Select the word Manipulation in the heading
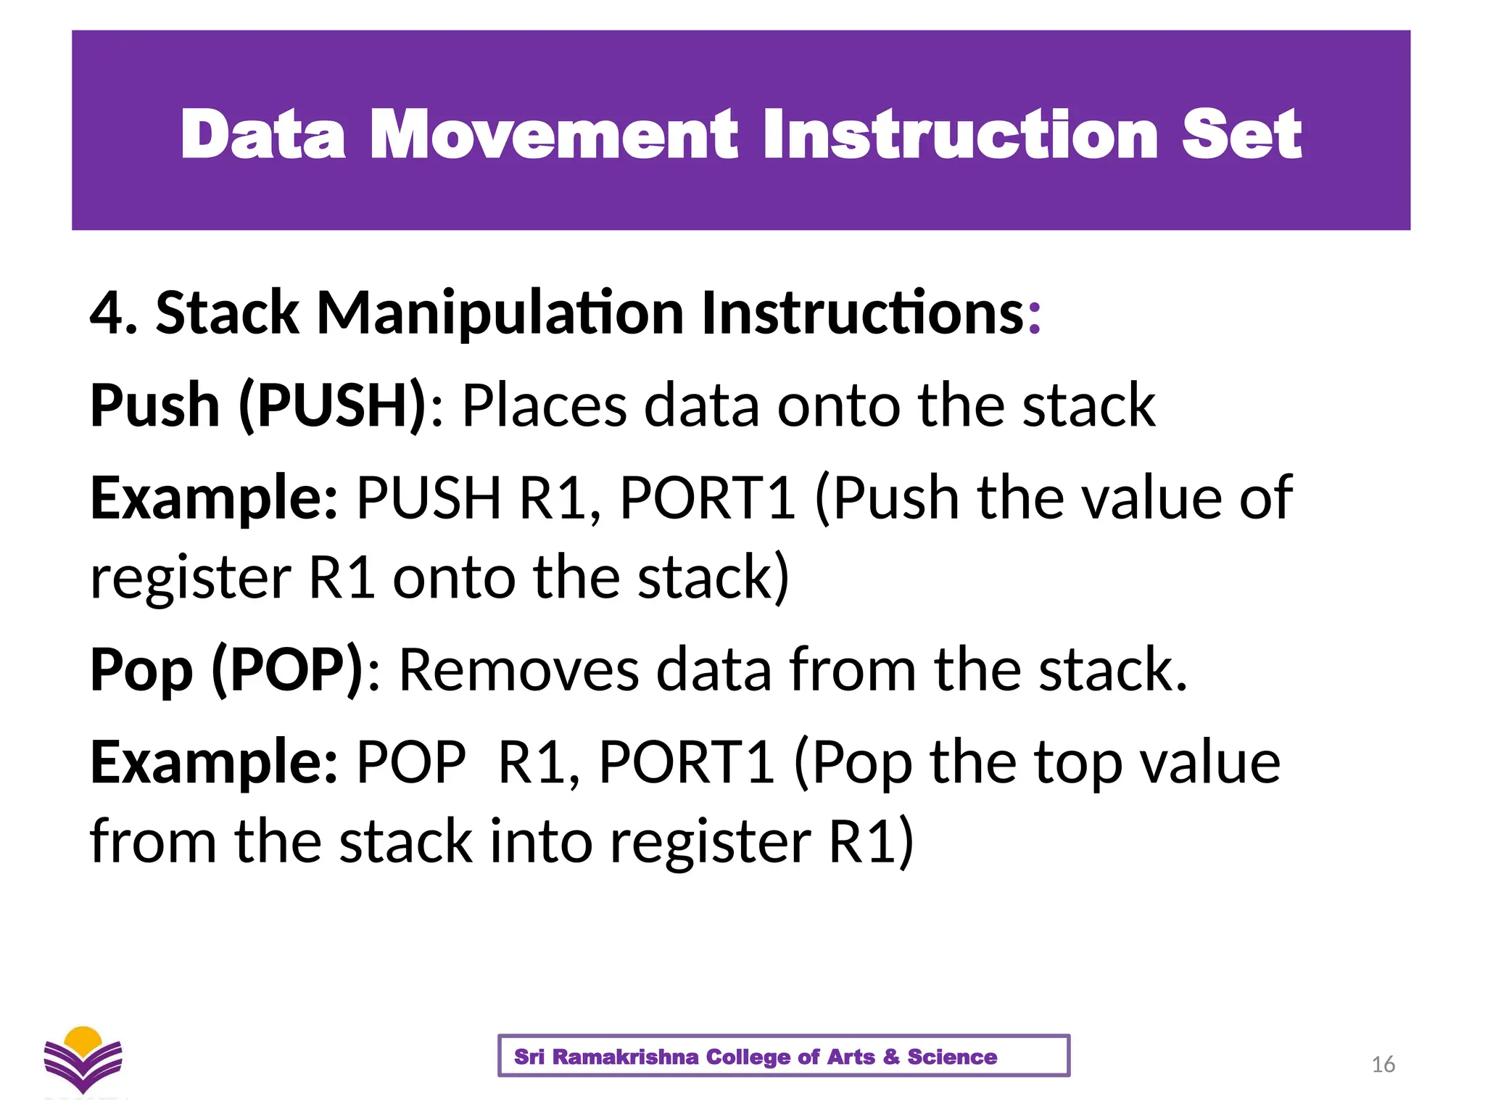pyautogui.click(x=500, y=313)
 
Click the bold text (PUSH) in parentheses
pyautogui.click(x=333, y=405)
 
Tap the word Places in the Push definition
pyautogui.click(x=544, y=405)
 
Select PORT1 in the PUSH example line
pyautogui.click(x=708, y=498)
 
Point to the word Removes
pyautogui.click(x=519, y=669)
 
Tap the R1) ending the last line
pyautogui.click(x=871, y=841)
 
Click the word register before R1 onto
pyautogui.click(x=191, y=578)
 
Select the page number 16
pyautogui.click(x=1383, y=1065)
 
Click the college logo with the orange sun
pyautogui.click(x=83, y=1059)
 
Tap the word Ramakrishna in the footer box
pyautogui.click(x=625, y=1057)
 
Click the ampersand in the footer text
pyautogui.click(x=891, y=1057)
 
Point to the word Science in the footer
pyautogui.click(x=952, y=1057)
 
